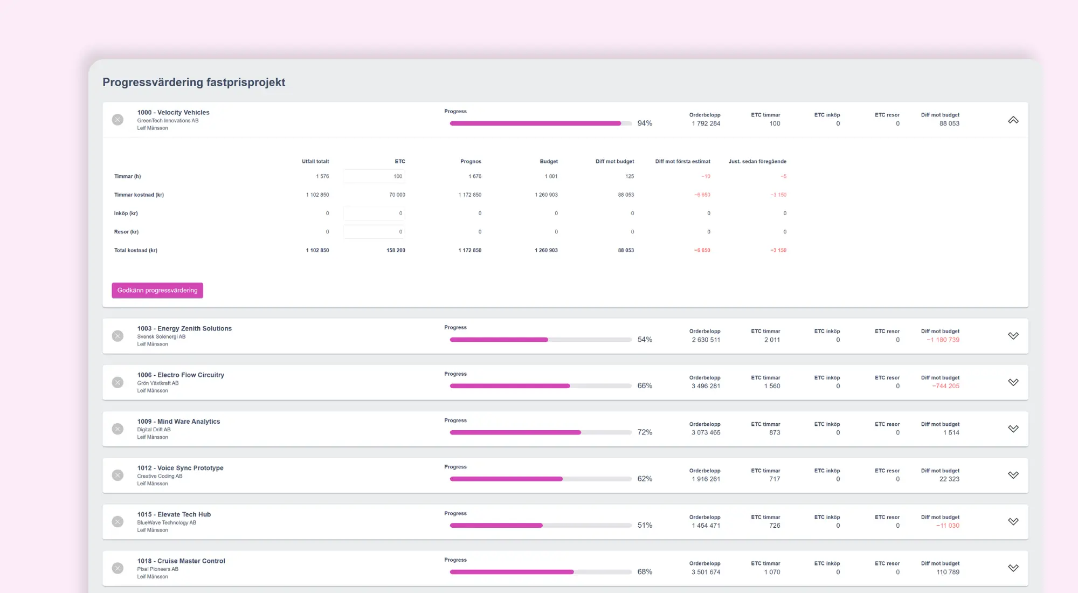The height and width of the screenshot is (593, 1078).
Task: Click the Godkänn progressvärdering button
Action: tap(157, 290)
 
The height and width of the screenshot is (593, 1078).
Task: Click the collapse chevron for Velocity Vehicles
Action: tap(1013, 120)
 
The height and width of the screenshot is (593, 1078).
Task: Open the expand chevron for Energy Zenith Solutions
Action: tap(1013, 336)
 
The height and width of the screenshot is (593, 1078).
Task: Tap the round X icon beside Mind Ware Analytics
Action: tap(118, 429)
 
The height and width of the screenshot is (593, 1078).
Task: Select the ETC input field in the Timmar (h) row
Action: tap(374, 176)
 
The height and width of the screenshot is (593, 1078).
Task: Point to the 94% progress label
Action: tap(645, 123)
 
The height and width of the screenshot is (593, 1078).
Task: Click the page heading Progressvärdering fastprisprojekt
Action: tap(194, 82)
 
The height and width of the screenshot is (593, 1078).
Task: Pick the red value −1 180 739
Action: tap(943, 340)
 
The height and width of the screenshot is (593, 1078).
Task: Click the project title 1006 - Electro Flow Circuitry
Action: tap(181, 375)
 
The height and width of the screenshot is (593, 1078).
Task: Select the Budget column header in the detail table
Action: tap(549, 161)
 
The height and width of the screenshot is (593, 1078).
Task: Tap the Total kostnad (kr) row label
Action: tap(136, 250)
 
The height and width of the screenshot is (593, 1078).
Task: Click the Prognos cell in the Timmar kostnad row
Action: tap(470, 195)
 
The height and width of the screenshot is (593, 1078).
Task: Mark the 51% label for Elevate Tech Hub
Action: tap(645, 525)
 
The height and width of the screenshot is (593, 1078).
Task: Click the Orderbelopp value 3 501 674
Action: tap(706, 572)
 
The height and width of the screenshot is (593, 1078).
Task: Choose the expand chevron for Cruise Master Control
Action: tap(1013, 568)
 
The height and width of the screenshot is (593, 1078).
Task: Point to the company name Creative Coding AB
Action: tap(160, 476)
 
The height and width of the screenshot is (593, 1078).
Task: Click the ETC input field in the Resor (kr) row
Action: tap(374, 232)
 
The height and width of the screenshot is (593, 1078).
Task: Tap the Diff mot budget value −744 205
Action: tap(945, 386)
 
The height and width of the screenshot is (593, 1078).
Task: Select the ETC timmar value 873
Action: tap(775, 432)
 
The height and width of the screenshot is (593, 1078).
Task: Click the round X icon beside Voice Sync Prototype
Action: tap(118, 475)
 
